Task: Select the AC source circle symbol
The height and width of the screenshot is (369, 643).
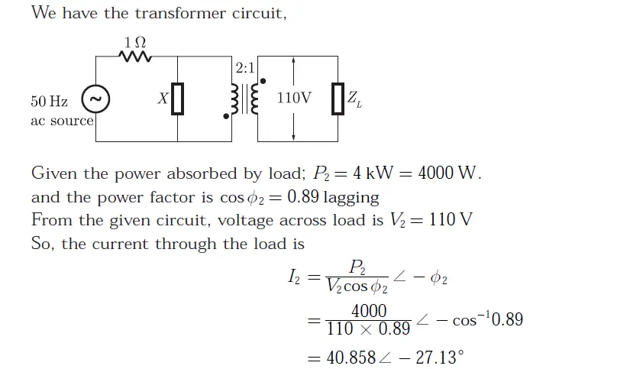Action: [95, 99]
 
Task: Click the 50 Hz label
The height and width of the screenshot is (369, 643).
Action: [49, 101]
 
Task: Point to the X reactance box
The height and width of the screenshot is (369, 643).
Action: [177, 99]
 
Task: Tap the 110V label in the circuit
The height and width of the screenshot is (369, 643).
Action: [294, 99]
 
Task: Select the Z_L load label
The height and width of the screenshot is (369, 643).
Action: [354, 99]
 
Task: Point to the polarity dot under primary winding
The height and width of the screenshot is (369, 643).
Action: [226, 117]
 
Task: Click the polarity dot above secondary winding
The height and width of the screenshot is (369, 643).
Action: [263, 80]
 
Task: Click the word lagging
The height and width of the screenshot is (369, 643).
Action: [351, 197]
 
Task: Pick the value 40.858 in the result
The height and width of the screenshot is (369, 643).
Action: [351, 358]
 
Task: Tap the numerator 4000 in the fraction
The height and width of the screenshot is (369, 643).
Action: [369, 311]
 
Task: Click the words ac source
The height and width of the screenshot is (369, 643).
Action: [62, 121]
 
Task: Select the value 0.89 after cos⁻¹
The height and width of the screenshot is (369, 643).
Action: [506, 319]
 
